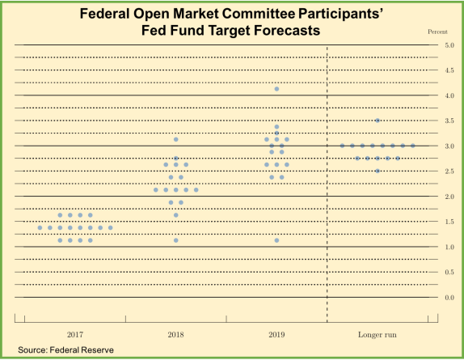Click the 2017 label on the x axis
pos(75,333)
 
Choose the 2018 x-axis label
pos(175,333)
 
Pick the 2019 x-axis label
pos(276,333)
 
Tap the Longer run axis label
pos(378,333)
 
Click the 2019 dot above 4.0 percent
pos(276,89)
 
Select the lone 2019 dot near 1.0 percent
pos(276,240)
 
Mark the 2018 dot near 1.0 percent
pos(175,240)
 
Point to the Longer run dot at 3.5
pos(378,121)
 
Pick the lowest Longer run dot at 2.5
pos(378,171)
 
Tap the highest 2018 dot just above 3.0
pos(175,140)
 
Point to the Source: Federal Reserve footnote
pos(65,349)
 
